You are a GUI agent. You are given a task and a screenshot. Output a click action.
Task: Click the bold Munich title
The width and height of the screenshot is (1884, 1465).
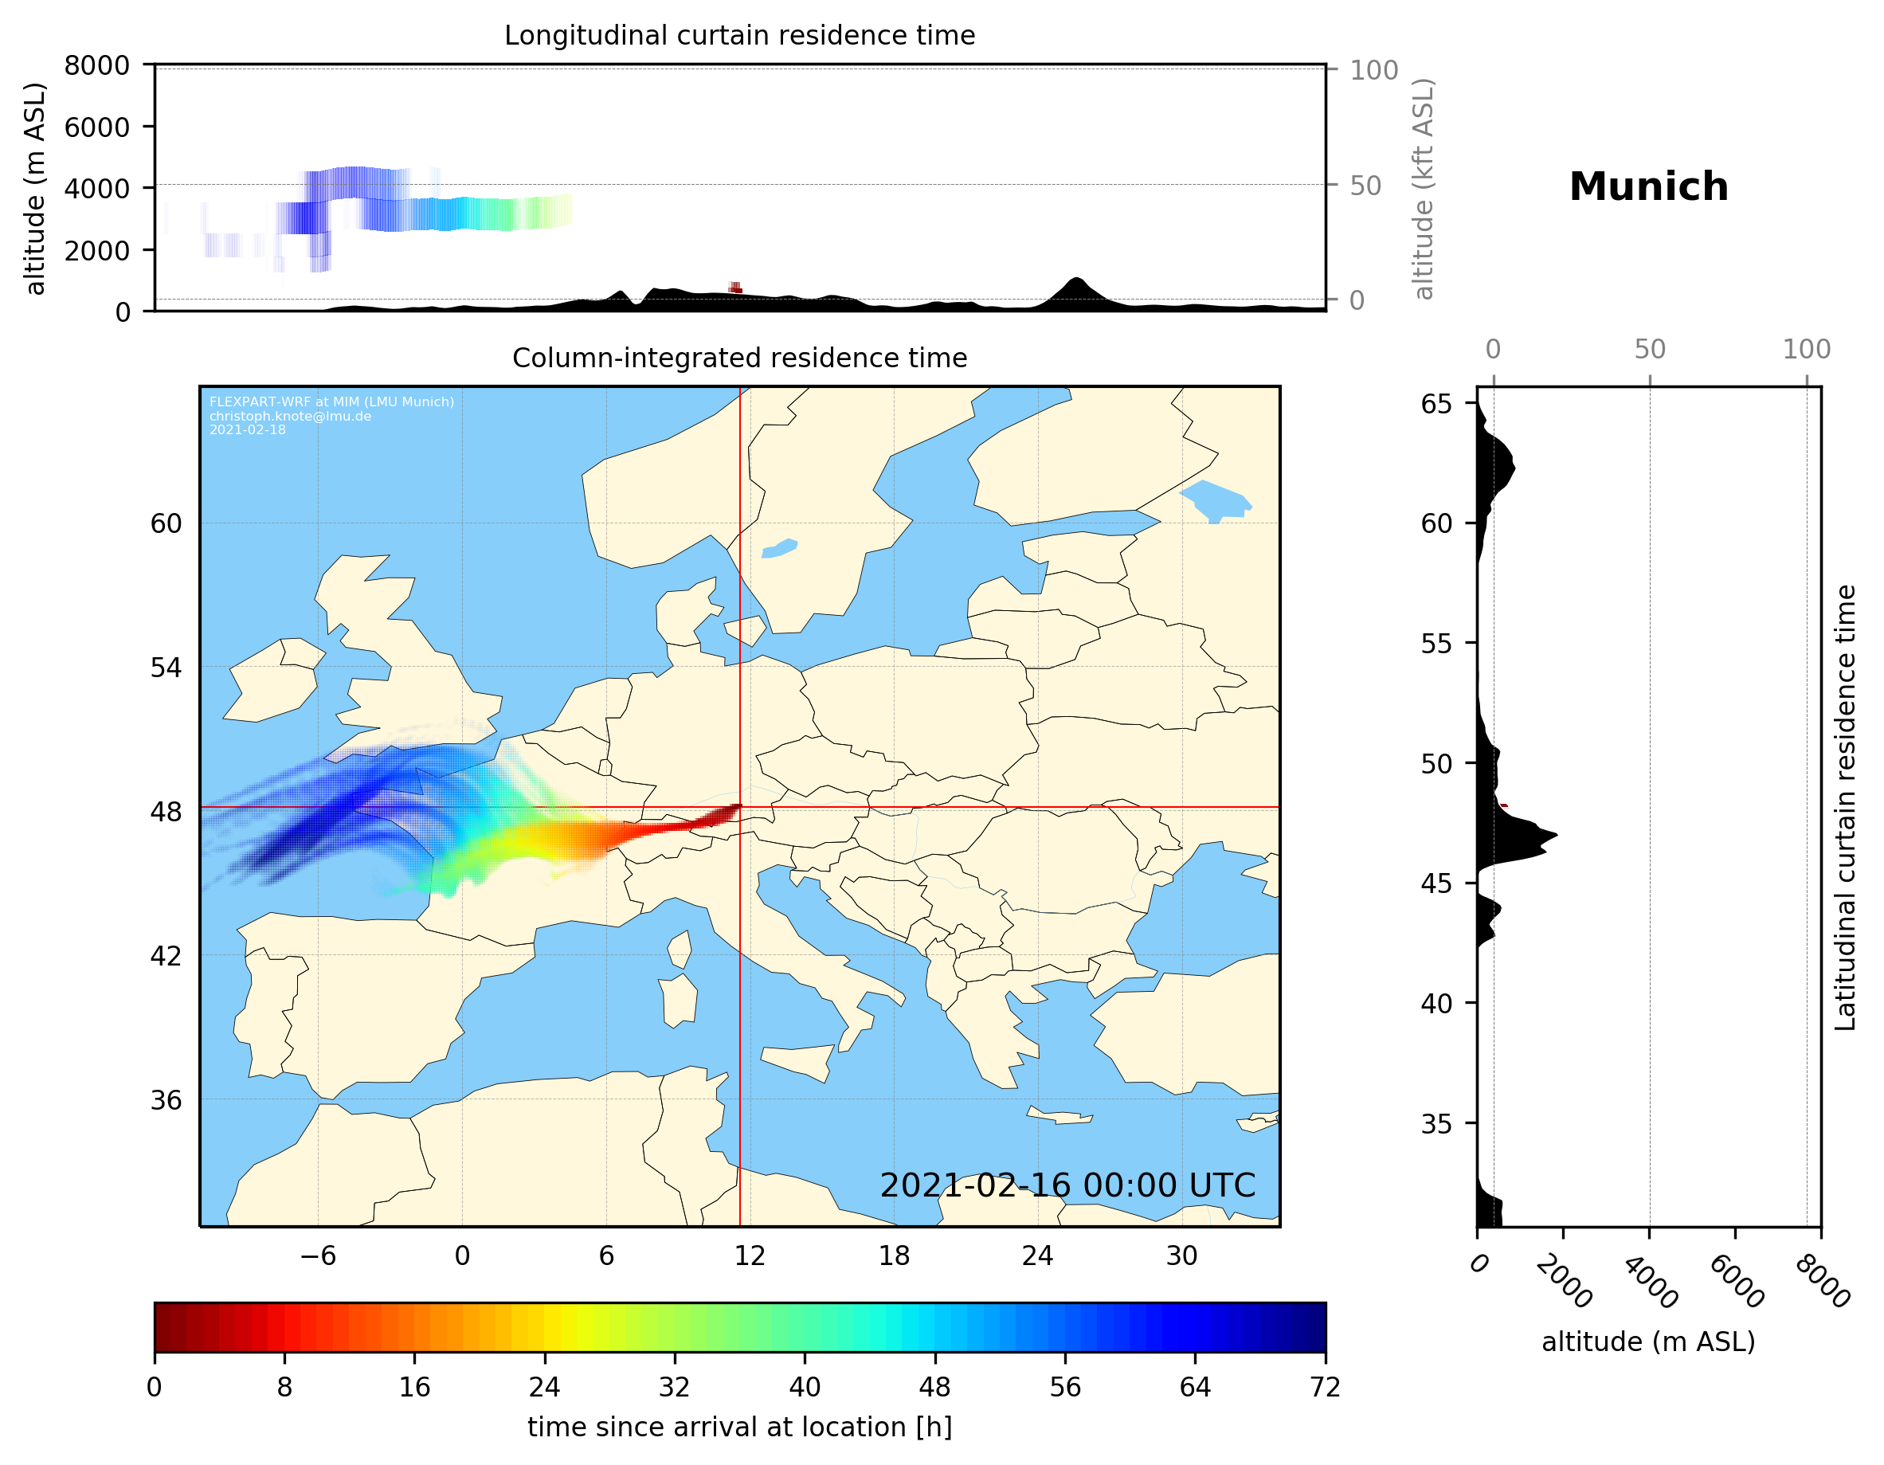click(1648, 187)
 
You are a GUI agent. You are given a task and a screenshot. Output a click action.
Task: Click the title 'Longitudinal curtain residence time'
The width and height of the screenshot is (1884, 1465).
click(739, 35)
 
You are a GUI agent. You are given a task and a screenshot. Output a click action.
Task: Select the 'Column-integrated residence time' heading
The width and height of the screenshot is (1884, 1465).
click(739, 358)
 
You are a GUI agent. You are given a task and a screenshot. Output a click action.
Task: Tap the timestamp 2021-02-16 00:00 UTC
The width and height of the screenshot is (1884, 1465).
click(1067, 1185)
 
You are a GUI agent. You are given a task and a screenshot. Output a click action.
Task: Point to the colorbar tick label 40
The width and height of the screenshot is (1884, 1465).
click(805, 1386)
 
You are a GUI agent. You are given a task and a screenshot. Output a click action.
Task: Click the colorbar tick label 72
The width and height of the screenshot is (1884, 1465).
click(1325, 1386)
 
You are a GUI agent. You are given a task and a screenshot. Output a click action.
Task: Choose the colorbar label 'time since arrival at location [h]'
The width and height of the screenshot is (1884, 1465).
click(739, 1427)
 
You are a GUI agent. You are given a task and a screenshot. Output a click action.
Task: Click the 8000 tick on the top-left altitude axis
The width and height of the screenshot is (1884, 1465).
click(96, 65)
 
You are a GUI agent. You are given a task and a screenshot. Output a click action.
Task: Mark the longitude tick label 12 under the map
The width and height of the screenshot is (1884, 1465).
click(750, 1255)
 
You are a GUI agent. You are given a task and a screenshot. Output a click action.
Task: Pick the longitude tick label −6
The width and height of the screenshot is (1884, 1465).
click(317, 1255)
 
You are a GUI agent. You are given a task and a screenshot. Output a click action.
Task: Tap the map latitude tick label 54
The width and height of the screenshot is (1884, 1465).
click(166, 667)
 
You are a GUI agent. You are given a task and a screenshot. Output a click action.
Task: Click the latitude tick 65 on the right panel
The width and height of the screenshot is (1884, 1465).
click(1436, 404)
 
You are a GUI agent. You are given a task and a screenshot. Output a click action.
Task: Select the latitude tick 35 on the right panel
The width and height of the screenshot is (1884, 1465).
click(1436, 1123)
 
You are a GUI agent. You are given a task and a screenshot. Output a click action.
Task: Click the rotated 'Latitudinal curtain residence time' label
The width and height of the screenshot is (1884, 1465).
click(1844, 807)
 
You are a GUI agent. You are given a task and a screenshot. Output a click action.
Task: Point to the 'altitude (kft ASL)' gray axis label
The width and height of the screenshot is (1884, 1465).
click(1424, 189)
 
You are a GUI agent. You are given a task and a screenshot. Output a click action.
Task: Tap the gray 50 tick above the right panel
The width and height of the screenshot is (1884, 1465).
click(1649, 350)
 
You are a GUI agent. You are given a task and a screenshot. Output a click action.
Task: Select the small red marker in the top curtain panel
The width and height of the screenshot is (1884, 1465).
click(735, 288)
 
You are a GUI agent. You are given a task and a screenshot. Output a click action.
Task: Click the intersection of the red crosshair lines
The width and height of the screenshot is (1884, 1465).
click(740, 808)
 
